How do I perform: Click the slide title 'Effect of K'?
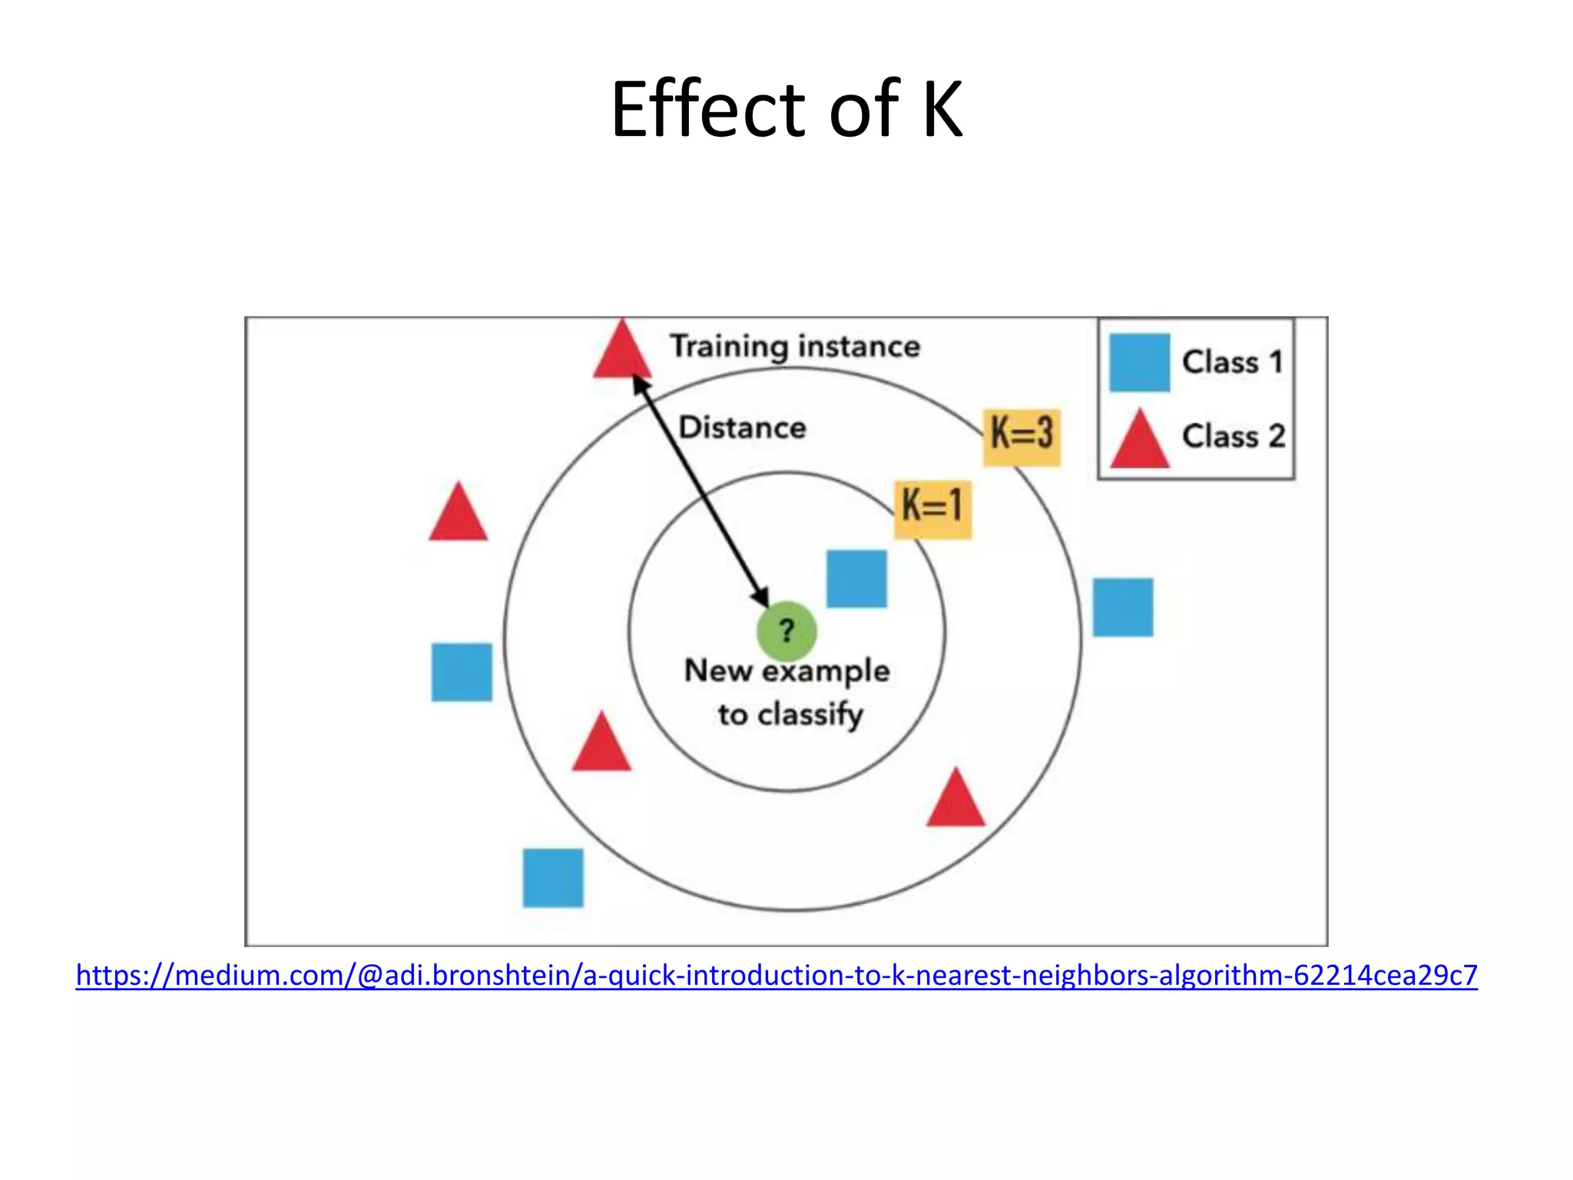[786, 109]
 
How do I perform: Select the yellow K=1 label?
[932, 508]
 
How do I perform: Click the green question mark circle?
[786, 631]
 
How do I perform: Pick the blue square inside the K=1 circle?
[856, 578]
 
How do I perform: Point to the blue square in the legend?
[1140, 363]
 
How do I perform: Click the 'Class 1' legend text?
[1232, 363]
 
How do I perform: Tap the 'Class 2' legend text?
[1233, 436]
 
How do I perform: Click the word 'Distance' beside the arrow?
[743, 428]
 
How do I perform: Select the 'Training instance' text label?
[795, 346]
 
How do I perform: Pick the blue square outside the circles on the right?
[1123, 607]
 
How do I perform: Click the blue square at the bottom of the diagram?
[553, 877]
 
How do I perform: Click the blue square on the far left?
[462, 672]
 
